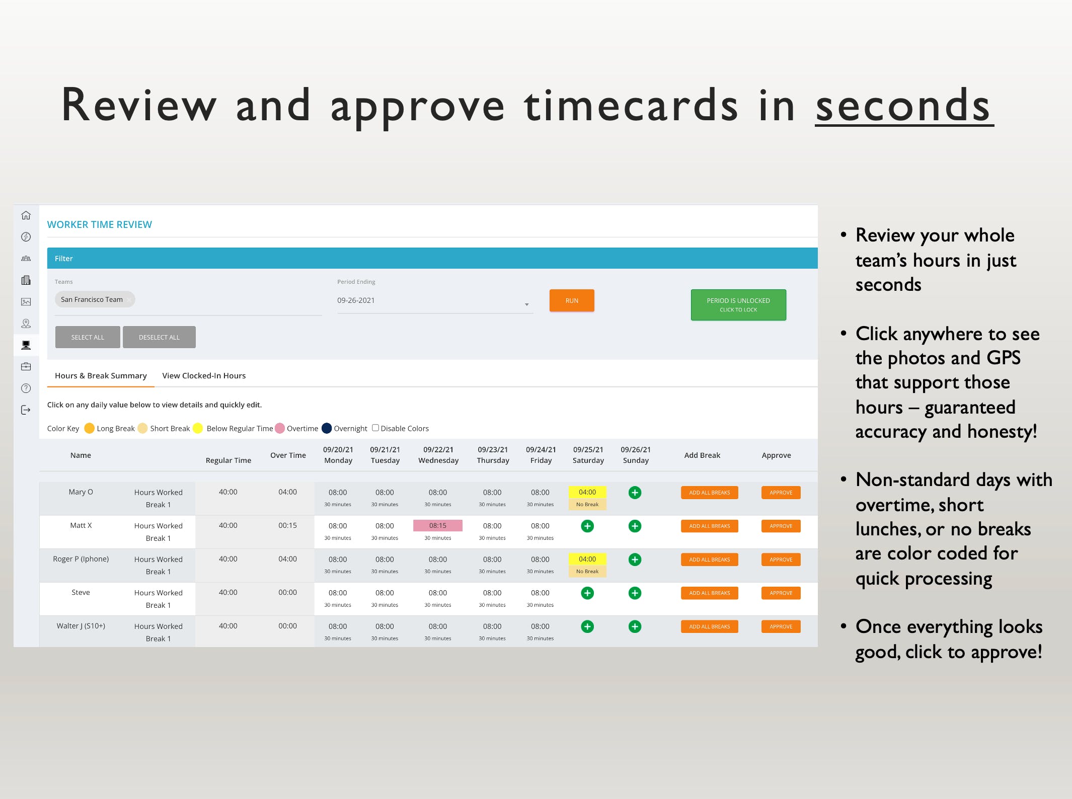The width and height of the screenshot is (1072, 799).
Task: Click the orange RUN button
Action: (x=572, y=300)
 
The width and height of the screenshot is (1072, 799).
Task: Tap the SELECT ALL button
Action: (x=88, y=337)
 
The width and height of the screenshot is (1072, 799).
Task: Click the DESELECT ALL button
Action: (x=159, y=337)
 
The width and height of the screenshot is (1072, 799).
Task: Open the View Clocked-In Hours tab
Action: (x=204, y=375)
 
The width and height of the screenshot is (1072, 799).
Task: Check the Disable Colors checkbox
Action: (x=375, y=428)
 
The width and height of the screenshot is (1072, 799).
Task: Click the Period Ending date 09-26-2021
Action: (x=356, y=300)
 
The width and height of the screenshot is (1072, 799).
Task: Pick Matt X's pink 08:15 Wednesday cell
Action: (x=438, y=525)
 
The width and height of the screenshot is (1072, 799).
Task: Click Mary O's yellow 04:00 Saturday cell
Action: (x=587, y=492)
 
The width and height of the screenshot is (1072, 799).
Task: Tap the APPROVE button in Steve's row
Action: (x=781, y=593)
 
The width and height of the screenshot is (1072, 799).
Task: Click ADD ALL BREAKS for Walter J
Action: (x=710, y=626)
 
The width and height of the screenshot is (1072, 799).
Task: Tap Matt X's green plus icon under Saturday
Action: (x=587, y=526)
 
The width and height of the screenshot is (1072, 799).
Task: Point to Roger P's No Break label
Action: (x=587, y=571)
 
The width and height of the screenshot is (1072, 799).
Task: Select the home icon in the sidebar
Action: (x=26, y=215)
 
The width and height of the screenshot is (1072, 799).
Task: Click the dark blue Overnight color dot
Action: (x=327, y=428)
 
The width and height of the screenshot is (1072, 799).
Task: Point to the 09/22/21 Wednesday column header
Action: (x=438, y=455)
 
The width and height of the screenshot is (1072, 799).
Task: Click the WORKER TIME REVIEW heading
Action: (x=100, y=224)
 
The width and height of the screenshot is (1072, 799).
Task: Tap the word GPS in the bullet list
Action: (x=1004, y=358)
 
